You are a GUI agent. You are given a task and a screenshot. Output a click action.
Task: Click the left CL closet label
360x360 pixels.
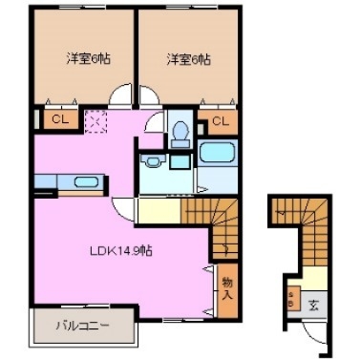click(58, 120)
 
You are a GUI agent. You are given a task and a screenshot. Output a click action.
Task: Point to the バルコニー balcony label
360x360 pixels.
click(81, 326)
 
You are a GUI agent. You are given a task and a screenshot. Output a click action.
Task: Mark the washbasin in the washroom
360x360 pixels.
click(153, 163)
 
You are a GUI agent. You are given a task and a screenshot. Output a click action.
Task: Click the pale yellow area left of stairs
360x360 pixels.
click(158, 209)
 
